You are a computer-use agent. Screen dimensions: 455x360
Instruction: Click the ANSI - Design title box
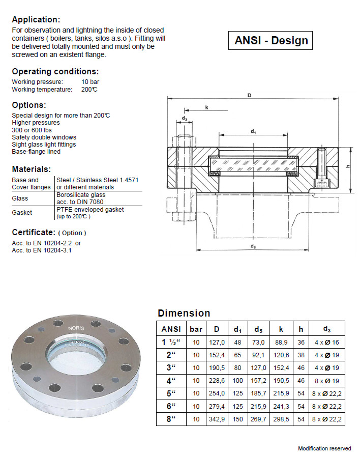(272, 41)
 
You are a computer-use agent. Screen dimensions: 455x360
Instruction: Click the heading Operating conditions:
(55, 71)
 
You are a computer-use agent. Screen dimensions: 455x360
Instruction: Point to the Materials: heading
(31, 169)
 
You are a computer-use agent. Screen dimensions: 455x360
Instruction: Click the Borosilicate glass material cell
(81, 198)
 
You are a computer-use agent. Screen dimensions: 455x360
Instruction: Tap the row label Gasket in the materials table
(22, 212)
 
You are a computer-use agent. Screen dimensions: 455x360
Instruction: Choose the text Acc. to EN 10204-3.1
(42, 250)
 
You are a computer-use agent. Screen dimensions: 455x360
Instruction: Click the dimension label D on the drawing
(250, 95)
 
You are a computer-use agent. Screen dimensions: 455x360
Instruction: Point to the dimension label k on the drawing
(207, 107)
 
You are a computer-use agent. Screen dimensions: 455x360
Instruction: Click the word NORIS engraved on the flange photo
(76, 329)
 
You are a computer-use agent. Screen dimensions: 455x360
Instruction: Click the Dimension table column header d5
(259, 329)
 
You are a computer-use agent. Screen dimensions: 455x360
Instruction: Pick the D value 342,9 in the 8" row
(217, 419)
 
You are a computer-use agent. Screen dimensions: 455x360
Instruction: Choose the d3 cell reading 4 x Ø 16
(326, 342)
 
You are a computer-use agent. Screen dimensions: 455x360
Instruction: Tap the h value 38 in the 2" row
(301, 355)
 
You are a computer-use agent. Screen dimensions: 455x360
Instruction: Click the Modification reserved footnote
(324, 448)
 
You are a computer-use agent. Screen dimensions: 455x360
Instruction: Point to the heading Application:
(36, 20)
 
